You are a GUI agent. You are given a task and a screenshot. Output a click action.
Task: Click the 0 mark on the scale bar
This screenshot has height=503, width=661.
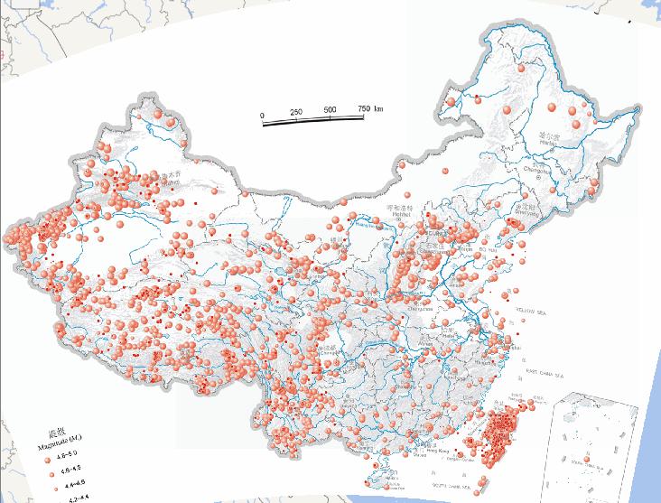pos(262,116)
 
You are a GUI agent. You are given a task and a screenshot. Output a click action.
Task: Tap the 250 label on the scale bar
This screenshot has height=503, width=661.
pos(296,111)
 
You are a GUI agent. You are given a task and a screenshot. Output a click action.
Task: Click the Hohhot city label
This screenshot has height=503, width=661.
pos(399,215)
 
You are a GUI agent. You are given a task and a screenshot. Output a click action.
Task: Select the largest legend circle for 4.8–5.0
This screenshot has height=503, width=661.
pos(47,459)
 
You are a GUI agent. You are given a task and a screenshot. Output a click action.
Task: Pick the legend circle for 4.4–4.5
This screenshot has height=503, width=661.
pos(47,486)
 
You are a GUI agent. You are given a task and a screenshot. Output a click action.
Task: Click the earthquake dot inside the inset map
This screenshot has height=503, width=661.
pos(589,459)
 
